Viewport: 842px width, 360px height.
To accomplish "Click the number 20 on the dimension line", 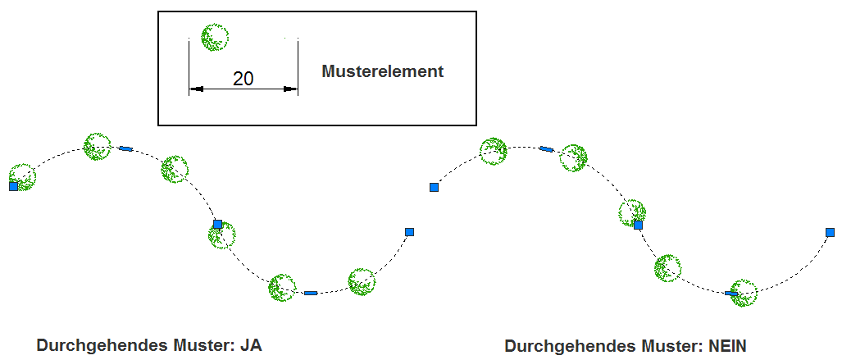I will coord(243,79).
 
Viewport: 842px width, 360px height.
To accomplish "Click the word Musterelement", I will coord(382,71).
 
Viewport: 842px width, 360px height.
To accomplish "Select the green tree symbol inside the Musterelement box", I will coord(215,37).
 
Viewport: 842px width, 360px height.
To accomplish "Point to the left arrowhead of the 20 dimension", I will coord(195,89).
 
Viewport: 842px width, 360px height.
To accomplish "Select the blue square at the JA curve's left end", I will coord(13,187).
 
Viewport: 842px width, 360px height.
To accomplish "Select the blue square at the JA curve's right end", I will coord(410,232).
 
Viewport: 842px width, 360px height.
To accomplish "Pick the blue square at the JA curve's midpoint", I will coord(217,223).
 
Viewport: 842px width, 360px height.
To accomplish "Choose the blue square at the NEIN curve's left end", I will coord(435,188).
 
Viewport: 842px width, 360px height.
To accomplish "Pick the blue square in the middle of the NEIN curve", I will coord(638,224).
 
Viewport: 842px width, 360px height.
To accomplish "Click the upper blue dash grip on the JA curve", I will coord(125,148).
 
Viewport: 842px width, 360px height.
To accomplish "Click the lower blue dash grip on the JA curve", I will coord(310,293).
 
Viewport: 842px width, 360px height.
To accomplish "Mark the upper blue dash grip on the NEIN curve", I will coord(546,149).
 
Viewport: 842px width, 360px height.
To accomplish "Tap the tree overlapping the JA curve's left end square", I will coord(22,176).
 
